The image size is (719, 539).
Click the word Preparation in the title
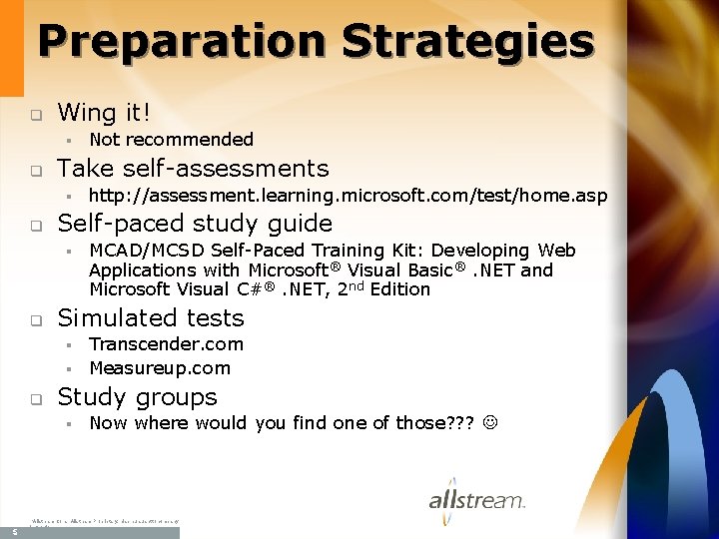pos(183,42)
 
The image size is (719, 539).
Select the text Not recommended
pos(171,140)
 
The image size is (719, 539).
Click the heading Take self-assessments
pos(193,168)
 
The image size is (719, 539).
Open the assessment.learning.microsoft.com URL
pos(348,196)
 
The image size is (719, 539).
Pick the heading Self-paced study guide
pos(195,223)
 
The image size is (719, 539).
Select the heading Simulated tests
pos(151,317)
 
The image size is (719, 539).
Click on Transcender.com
pos(166,344)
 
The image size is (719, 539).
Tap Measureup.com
pos(160,368)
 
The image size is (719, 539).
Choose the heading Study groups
pos(137,396)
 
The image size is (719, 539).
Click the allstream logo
pos(476,498)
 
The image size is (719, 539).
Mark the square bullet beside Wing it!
pos(33,113)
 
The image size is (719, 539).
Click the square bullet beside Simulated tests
pos(33,320)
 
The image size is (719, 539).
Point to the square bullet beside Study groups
pos(33,399)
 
